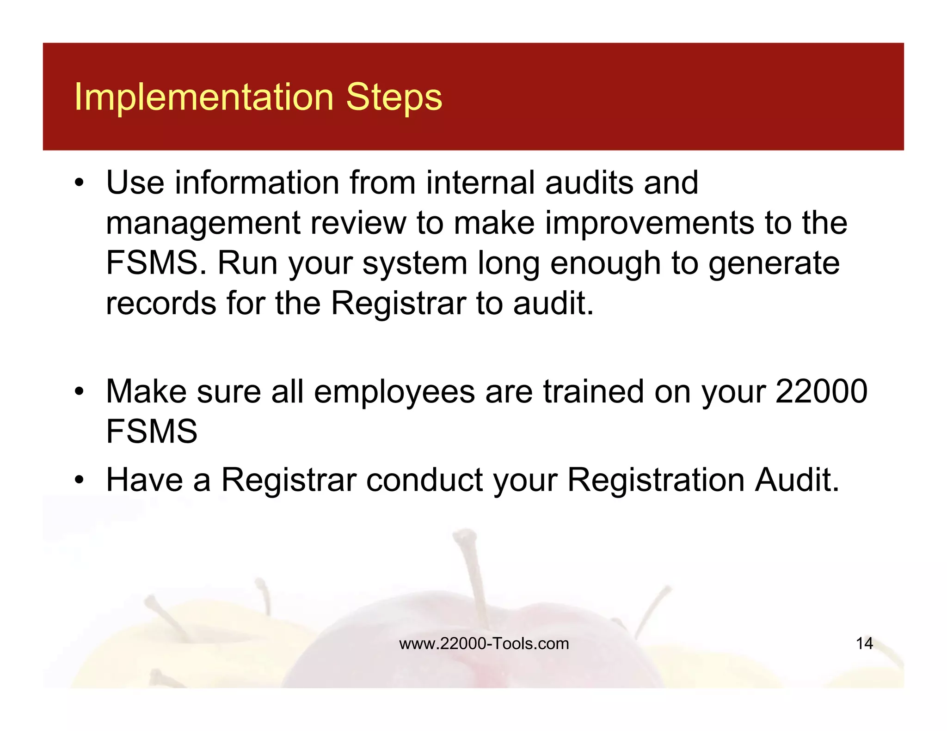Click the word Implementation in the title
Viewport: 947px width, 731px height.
pos(204,97)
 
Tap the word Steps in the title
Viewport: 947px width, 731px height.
pos(394,97)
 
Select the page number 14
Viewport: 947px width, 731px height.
pos(864,644)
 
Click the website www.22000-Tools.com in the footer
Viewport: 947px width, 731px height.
pos(484,644)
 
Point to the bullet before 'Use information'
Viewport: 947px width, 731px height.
pos(80,183)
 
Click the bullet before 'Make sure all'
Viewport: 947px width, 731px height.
pos(80,392)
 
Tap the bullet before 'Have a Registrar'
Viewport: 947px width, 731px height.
pos(80,480)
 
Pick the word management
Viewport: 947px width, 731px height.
pos(203,223)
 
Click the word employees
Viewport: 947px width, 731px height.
pos(394,392)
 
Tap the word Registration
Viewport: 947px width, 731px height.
pos(656,480)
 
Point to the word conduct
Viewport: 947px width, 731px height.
pos(424,480)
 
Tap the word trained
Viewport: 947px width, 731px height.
pos(593,392)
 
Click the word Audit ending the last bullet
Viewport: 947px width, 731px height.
pos(796,480)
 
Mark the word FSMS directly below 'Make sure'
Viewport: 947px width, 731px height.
pos(151,432)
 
